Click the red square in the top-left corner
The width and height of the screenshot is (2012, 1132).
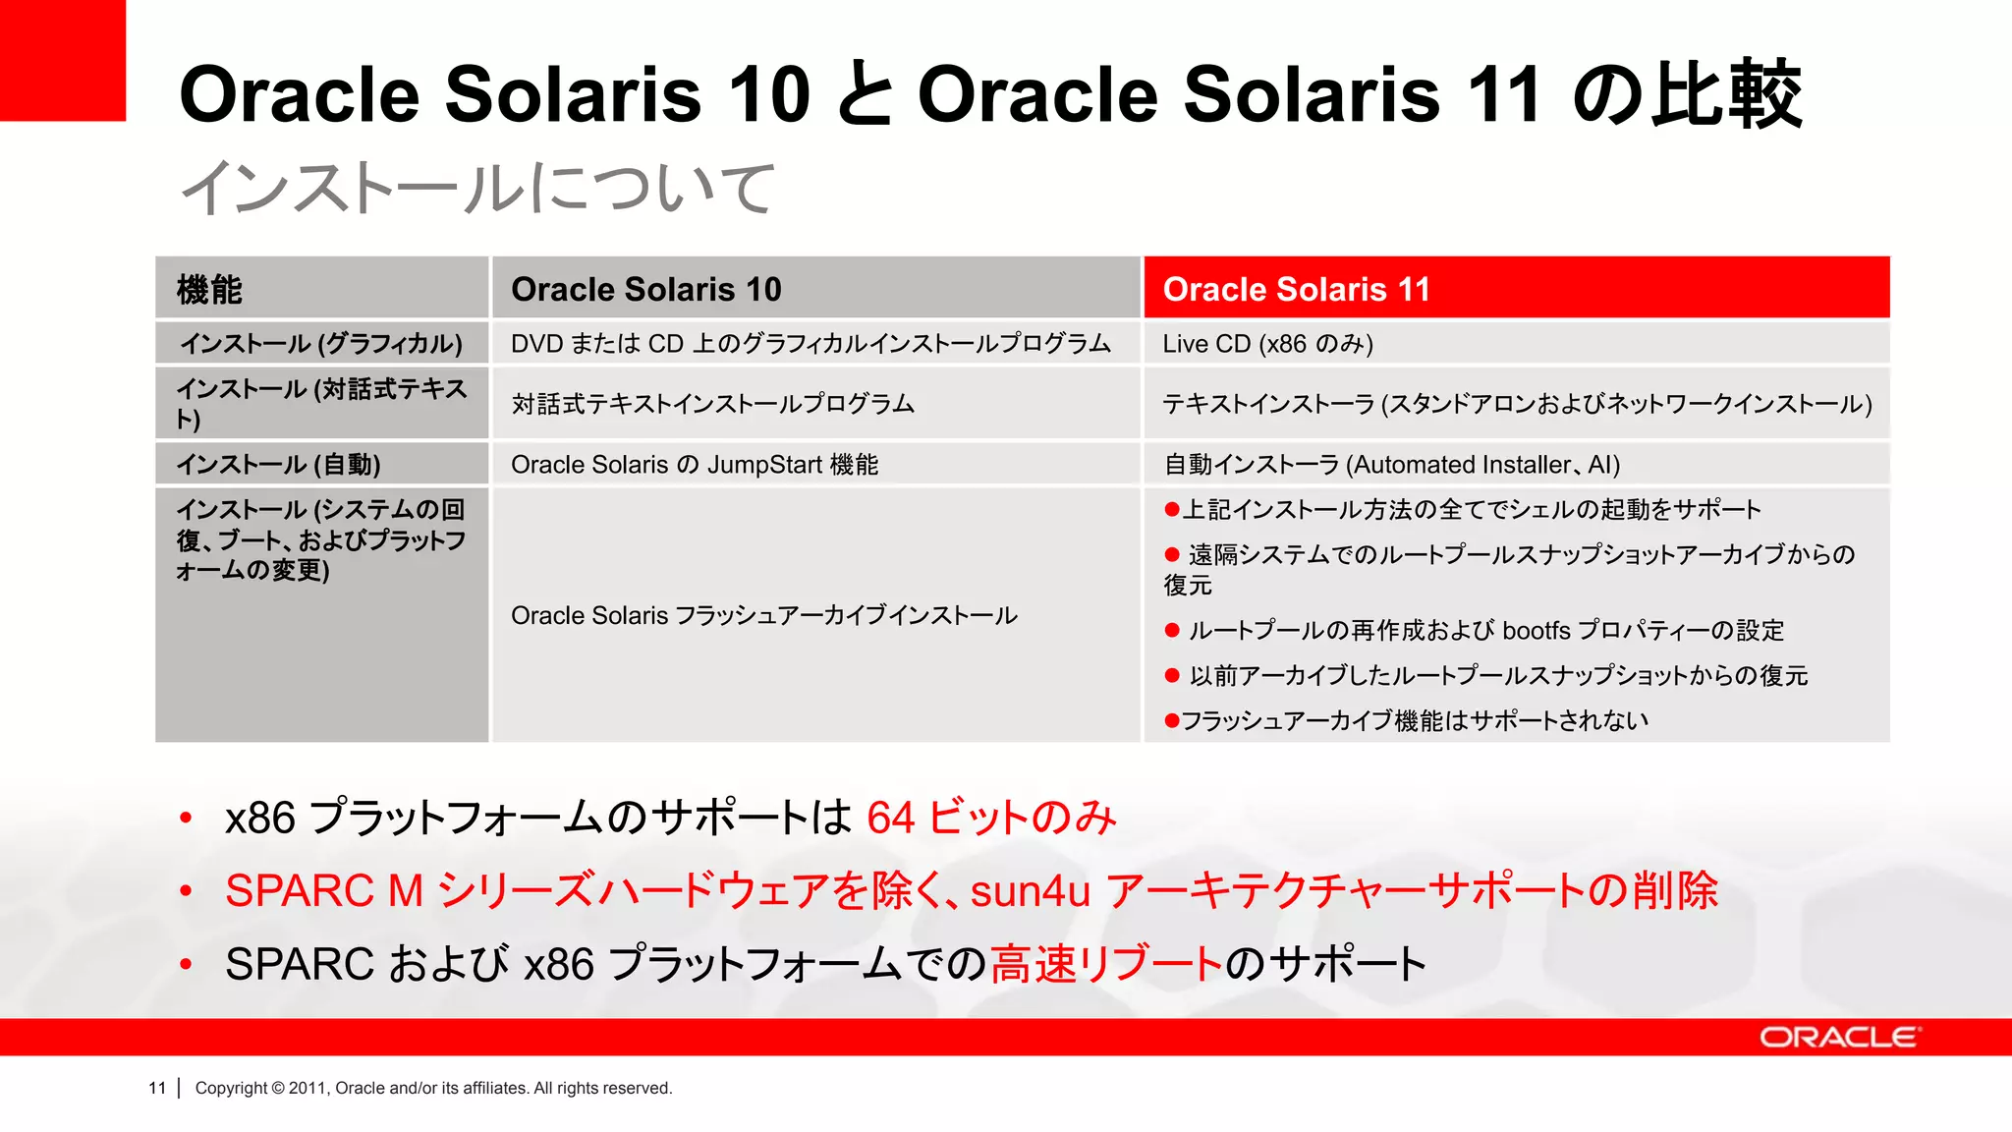tap(62, 59)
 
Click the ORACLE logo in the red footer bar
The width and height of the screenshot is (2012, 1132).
tap(1839, 1038)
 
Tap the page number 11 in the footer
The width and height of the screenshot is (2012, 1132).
tap(157, 1088)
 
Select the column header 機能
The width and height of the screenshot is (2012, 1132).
tap(209, 290)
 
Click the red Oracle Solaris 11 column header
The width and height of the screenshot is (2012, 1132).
tap(1297, 289)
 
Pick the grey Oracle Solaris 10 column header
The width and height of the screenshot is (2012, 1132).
tap(645, 289)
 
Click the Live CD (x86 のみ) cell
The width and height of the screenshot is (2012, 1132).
tap(1267, 344)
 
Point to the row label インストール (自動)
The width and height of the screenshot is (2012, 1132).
tap(278, 465)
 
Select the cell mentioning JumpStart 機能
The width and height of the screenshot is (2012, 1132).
tap(695, 465)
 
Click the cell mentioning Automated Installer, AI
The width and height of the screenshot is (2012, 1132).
tap(1391, 465)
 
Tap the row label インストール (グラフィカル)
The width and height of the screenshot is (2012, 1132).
tap(320, 344)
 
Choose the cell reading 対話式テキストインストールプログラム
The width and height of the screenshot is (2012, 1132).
tap(712, 404)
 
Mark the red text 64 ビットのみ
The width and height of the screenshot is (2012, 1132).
tap(991, 818)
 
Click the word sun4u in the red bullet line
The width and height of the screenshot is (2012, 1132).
tap(1031, 891)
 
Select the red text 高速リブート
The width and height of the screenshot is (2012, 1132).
tap(1106, 964)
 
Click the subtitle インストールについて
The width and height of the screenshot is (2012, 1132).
tap(478, 188)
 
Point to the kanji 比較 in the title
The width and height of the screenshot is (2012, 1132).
tap(1726, 94)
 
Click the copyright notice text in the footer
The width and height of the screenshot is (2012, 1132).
tap(433, 1088)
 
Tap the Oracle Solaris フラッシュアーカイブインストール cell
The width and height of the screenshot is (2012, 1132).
tap(763, 616)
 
